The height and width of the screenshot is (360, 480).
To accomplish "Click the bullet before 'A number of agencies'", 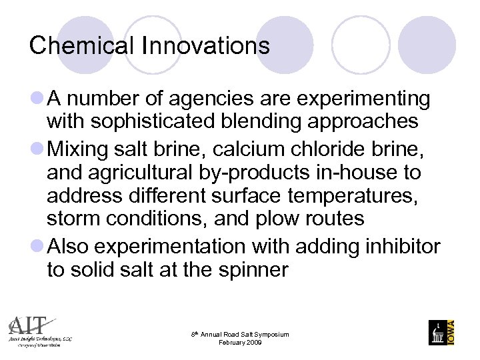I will [x=37, y=99].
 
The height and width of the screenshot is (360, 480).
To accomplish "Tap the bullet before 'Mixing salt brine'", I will [x=37, y=147].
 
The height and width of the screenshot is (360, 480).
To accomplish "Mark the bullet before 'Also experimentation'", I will [x=37, y=246].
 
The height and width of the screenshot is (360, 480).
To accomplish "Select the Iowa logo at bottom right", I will [x=442, y=331].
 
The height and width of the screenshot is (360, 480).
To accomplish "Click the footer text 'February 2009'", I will [x=240, y=343].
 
